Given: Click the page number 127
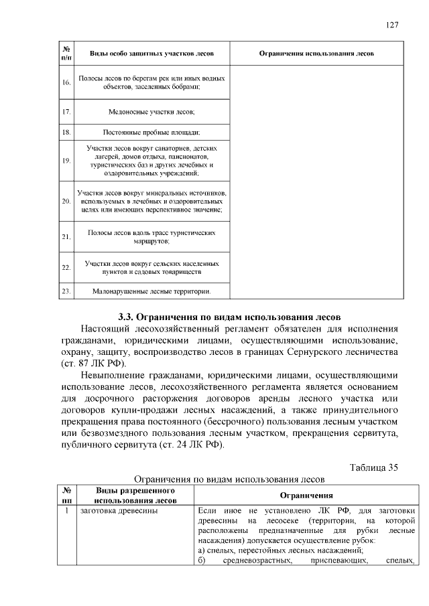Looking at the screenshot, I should (393, 25).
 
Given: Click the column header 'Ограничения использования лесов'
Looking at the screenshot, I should (316, 53).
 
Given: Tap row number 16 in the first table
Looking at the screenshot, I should (66, 82).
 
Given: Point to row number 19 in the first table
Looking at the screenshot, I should (66, 160).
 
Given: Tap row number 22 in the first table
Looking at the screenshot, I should (66, 268).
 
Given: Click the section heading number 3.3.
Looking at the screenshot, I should (125, 316).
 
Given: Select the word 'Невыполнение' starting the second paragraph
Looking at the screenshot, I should (115, 376).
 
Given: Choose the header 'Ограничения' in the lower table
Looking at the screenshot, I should (307, 496).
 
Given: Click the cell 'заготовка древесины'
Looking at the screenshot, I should (118, 512).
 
